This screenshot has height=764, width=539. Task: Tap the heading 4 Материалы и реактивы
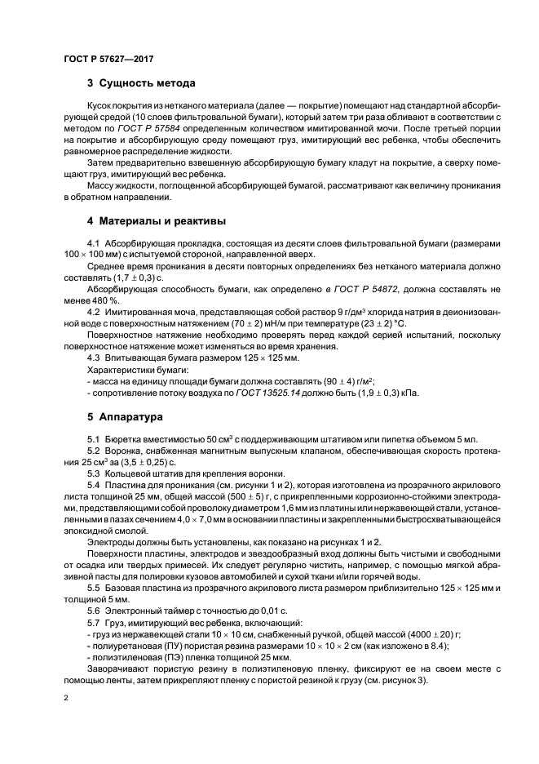(x=157, y=221)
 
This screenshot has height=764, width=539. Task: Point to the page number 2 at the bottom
(x=66, y=698)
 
